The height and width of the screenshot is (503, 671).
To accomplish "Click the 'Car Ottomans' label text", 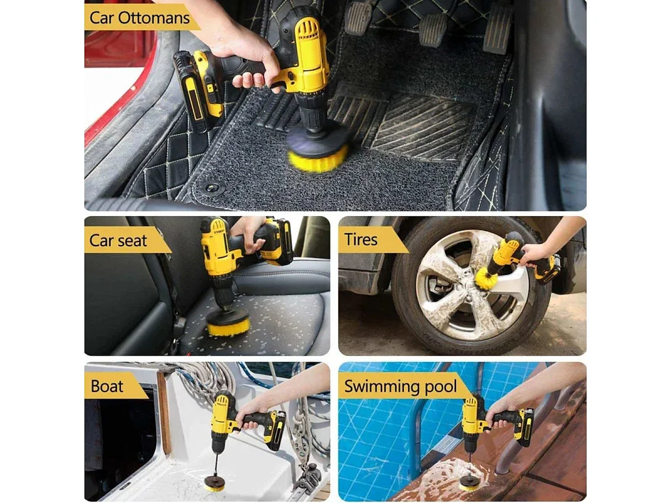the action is tap(139, 18).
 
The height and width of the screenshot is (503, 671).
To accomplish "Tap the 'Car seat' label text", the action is tap(118, 240).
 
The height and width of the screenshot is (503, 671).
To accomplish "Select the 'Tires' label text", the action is tap(361, 239).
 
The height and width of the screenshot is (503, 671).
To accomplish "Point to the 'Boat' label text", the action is tap(107, 386).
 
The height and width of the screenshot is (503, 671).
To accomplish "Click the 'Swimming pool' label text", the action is tap(400, 387).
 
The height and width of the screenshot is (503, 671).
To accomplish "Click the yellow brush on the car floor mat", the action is tap(318, 158).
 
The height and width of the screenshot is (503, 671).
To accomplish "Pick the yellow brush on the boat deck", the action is tap(214, 486).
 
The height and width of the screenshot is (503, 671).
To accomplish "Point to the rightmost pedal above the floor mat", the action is tap(497, 29).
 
